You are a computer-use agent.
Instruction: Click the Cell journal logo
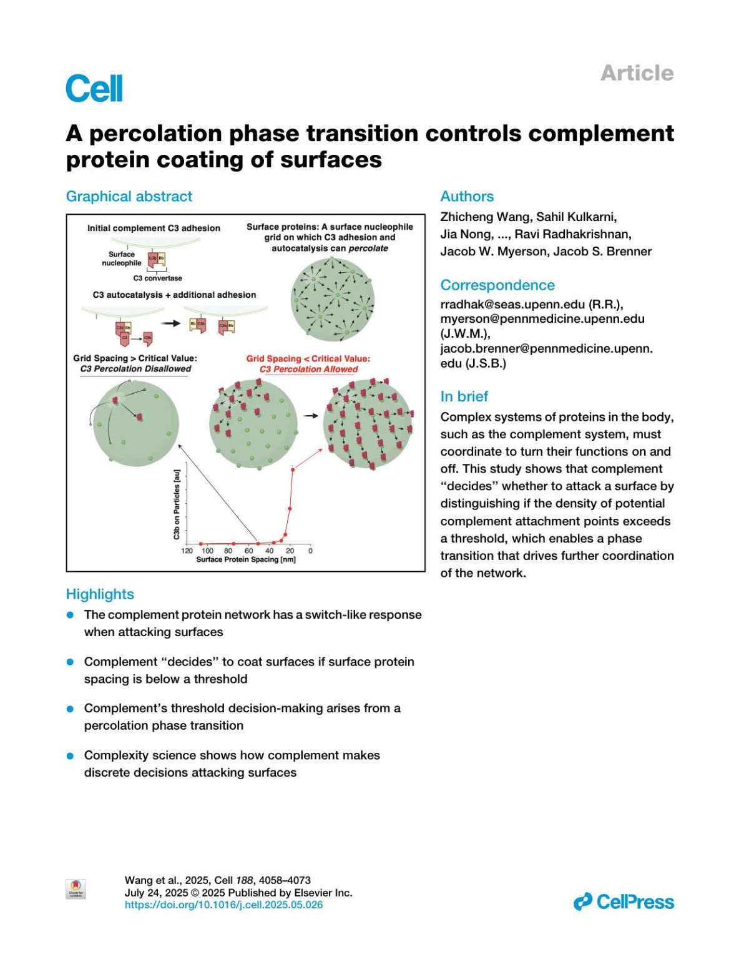[x=94, y=89]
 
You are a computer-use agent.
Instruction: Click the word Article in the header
[x=637, y=73]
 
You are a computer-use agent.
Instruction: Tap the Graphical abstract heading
[x=129, y=197]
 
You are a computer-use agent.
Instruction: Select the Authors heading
[x=467, y=197]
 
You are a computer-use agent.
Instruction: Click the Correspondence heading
[x=497, y=285]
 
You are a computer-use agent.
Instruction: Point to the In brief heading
[x=464, y=396]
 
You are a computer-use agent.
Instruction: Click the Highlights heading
[x=100, y=594]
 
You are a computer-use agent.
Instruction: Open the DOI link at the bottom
[x=223, y=905]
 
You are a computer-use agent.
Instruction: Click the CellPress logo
[x=624, y=901]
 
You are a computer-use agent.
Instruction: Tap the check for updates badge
[x=76, y=888]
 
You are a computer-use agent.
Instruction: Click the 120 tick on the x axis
[x=187, y=551]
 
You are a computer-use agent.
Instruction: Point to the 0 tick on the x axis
[x=310, y=551]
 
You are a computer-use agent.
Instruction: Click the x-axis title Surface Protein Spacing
[x=246, y=559]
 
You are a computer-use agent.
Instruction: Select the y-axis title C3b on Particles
[x=177, y=504]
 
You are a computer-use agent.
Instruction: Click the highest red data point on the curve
[x=293, y=469]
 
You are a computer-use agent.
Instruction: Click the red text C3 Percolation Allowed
[x=309, y=369]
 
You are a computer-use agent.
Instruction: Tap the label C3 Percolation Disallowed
[x=135, y=369]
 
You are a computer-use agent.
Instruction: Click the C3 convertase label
[x=157, y=278]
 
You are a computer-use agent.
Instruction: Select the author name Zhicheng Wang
[x=485, y=217]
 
